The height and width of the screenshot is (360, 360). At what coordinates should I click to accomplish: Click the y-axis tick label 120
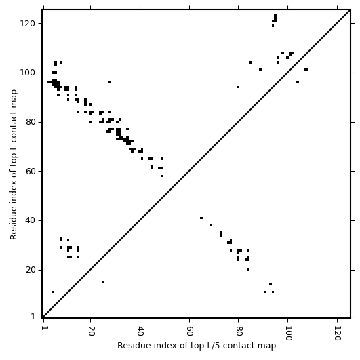click(27, 24)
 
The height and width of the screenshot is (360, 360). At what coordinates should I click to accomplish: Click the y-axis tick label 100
click(27, 73)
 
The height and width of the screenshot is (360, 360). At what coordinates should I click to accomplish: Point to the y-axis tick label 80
click(30, 122)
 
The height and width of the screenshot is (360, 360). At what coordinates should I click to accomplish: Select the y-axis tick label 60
click(30, 172)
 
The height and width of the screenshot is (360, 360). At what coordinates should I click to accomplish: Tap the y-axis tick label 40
click(30, 220)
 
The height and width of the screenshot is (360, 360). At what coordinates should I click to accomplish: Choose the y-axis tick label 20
click(30, 270)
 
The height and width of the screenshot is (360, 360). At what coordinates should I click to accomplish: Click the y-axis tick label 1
click(33, 317)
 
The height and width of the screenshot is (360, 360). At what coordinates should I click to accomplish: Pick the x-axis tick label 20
click(91, 331)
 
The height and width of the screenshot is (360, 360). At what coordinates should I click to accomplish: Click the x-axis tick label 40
click(140, 331)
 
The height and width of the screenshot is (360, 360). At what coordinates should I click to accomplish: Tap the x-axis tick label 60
click(190, 331)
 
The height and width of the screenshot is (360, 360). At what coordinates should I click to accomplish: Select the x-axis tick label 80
click(239, 331)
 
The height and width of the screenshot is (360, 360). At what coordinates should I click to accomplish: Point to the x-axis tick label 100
click(288, 333)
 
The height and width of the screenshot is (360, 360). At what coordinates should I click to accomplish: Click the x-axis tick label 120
click(338, 333)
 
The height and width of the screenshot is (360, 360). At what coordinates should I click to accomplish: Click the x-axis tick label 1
click(43, 328)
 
